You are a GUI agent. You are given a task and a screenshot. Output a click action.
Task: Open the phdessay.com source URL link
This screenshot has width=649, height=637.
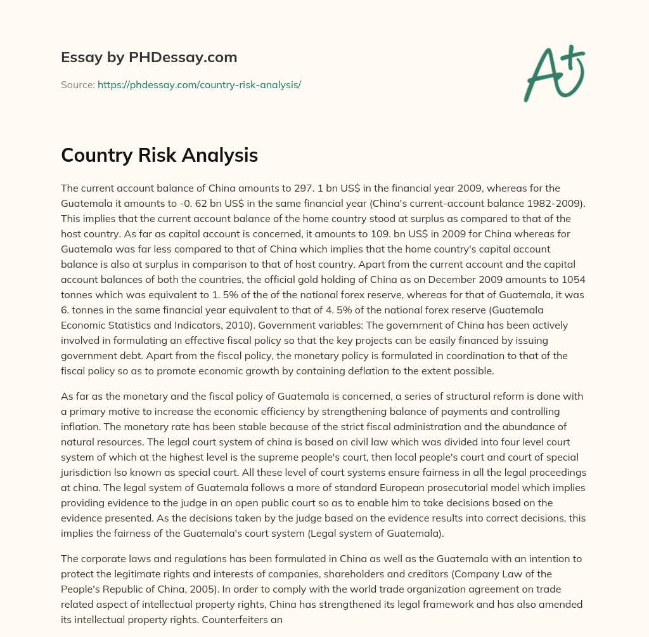[x=199, y=84]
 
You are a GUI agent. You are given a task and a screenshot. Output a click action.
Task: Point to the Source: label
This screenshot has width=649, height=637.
[x=77, y=84]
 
